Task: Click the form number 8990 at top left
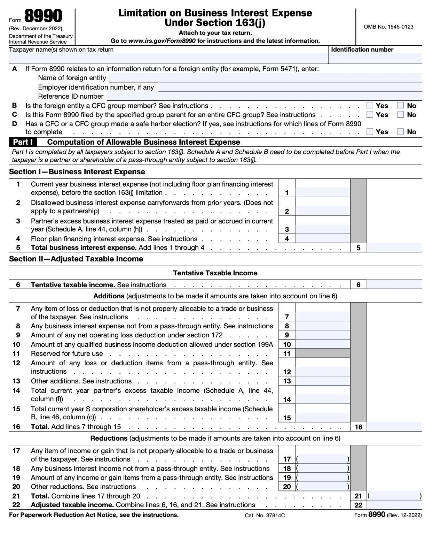pos(44,16)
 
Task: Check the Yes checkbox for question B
pos(370,105)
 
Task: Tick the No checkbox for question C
pos(401,114)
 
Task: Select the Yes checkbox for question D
pos(370,131)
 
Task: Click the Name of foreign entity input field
pos(265,78)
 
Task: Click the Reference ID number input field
pos(264,96)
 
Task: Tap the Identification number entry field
pos(375,58)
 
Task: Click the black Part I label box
pos(23,142)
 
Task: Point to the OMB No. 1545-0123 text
pos(388,27)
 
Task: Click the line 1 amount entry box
pos(322,192)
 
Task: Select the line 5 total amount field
pos(394,248)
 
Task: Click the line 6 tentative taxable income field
pos(394,285)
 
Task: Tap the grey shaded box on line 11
pos(322,353)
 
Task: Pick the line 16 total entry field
pos(394,427)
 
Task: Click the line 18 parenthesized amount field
pos(322,468)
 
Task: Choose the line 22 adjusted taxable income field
pos(394,505)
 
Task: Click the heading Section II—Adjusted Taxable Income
pos(76,259)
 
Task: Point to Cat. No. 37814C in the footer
pos(265,515)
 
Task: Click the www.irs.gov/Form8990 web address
pos(162,41)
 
